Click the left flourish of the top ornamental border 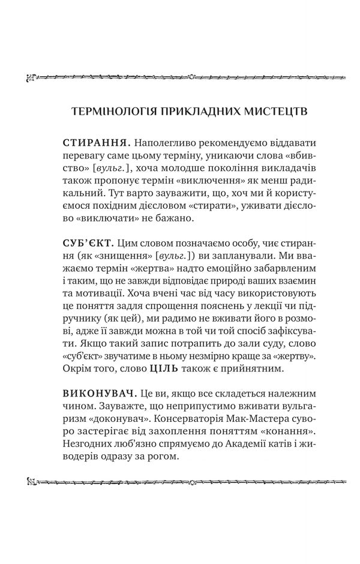coord(31,77)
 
